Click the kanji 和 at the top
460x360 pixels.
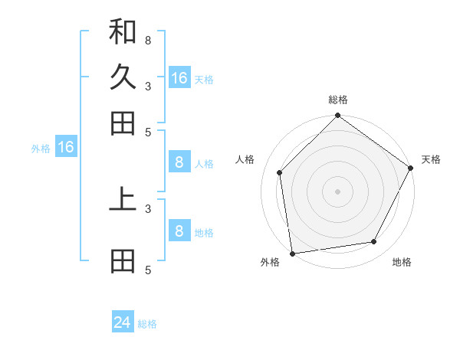click(x=123, y=32)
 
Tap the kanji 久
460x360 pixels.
click(x=123, y=77)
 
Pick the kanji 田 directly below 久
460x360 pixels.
click(x=123, y=123)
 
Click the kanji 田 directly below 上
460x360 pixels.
click(x=123, y=261)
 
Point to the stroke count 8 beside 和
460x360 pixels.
click(x=148, y=40)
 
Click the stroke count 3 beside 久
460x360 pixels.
click(x=148, y=86)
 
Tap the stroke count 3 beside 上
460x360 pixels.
click(x=148, y=208)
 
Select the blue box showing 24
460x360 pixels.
click(x=123, y=322)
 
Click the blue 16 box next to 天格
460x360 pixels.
click(x=179, y=77)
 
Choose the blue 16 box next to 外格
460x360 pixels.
click(x=66, y=148)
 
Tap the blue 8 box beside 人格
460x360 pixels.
click(x=179, y=162)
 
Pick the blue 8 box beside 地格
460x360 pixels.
click(x=179, y=231)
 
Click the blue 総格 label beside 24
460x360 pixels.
click(x=147, y=324)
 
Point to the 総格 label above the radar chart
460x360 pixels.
click(x=338, y=100)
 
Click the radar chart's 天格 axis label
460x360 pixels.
click(x=431, y=159)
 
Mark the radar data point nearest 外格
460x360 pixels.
click(x=292, y=253)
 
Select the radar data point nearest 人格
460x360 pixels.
click(x=280, y=172)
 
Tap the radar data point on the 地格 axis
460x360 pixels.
click(x=374, y=241)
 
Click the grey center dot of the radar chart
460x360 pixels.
click(x=338, y=191)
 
